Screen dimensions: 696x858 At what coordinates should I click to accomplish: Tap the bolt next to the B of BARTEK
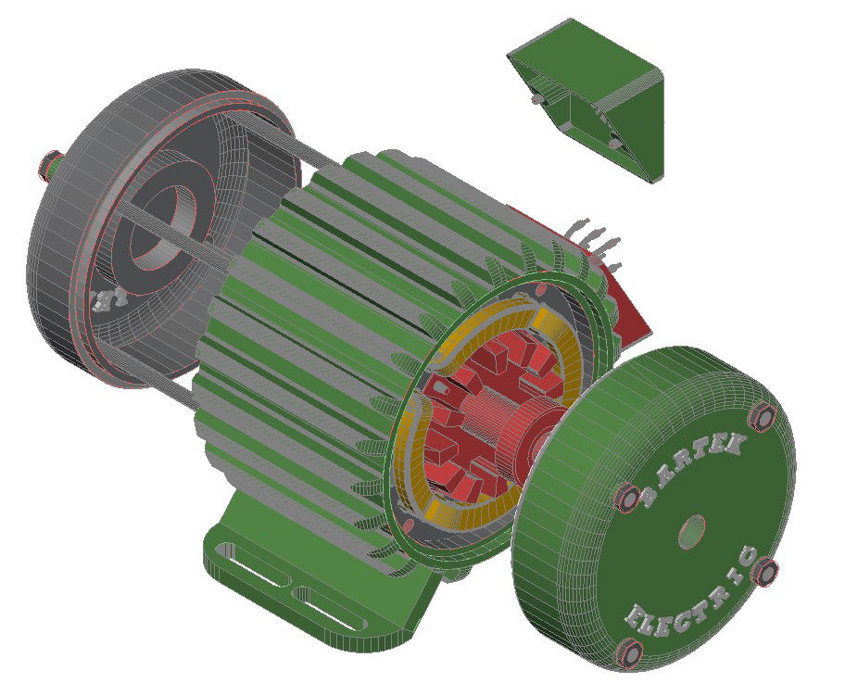click(627, 497)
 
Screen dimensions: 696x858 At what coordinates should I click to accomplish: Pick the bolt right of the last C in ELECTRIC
click(767, 572)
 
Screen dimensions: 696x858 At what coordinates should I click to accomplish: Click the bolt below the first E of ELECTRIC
click(630, 654)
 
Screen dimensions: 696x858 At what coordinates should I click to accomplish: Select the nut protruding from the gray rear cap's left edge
click(46, 165)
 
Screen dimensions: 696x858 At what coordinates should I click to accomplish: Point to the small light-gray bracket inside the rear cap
click(109, 298)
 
